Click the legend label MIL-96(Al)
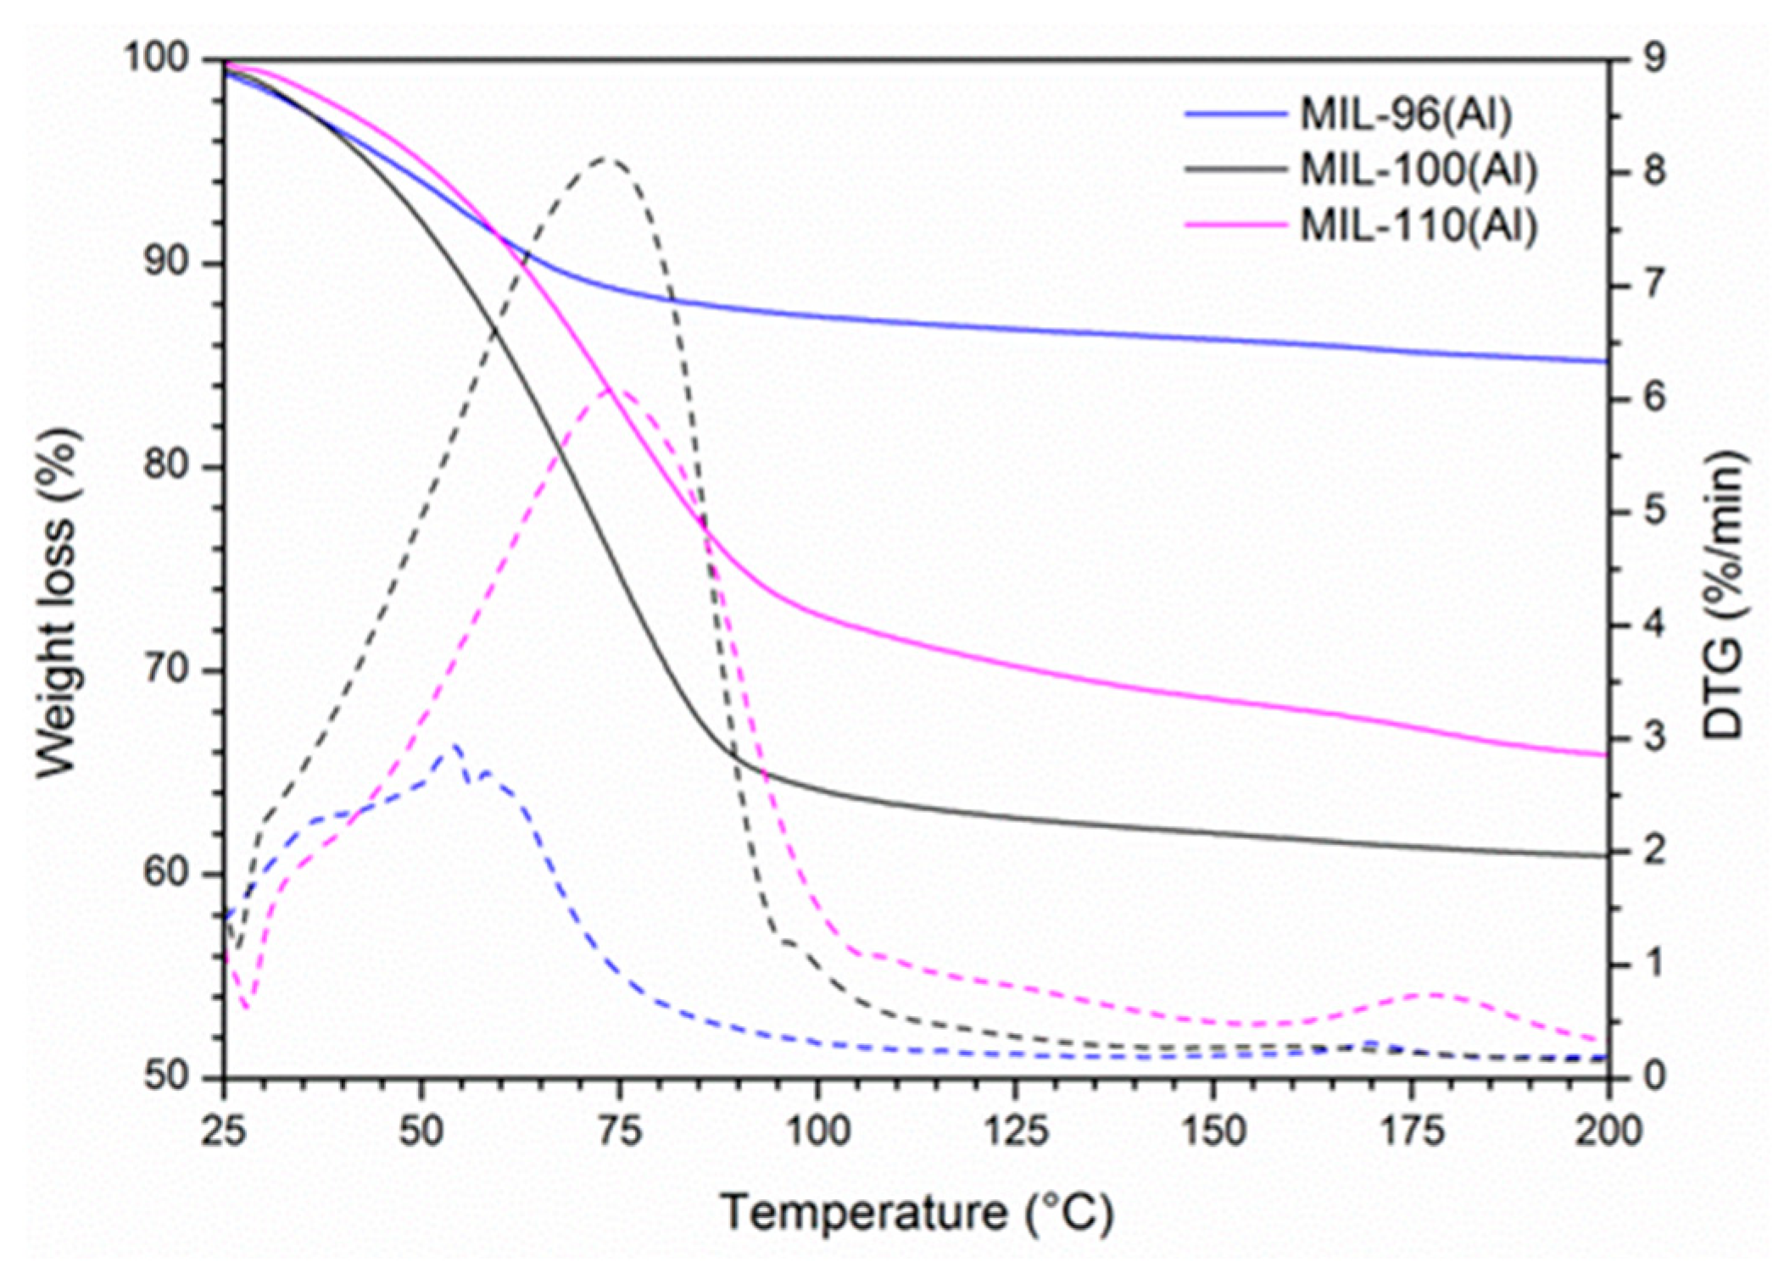1406,114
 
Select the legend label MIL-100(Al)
1419,170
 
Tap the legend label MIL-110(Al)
1419,226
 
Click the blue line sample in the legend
1235,114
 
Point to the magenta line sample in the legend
1235,225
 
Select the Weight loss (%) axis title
58,603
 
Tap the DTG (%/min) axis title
1724,594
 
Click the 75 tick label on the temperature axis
619,1131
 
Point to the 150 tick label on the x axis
1213,1131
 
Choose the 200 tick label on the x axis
1608,1131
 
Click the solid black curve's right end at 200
1605,855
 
